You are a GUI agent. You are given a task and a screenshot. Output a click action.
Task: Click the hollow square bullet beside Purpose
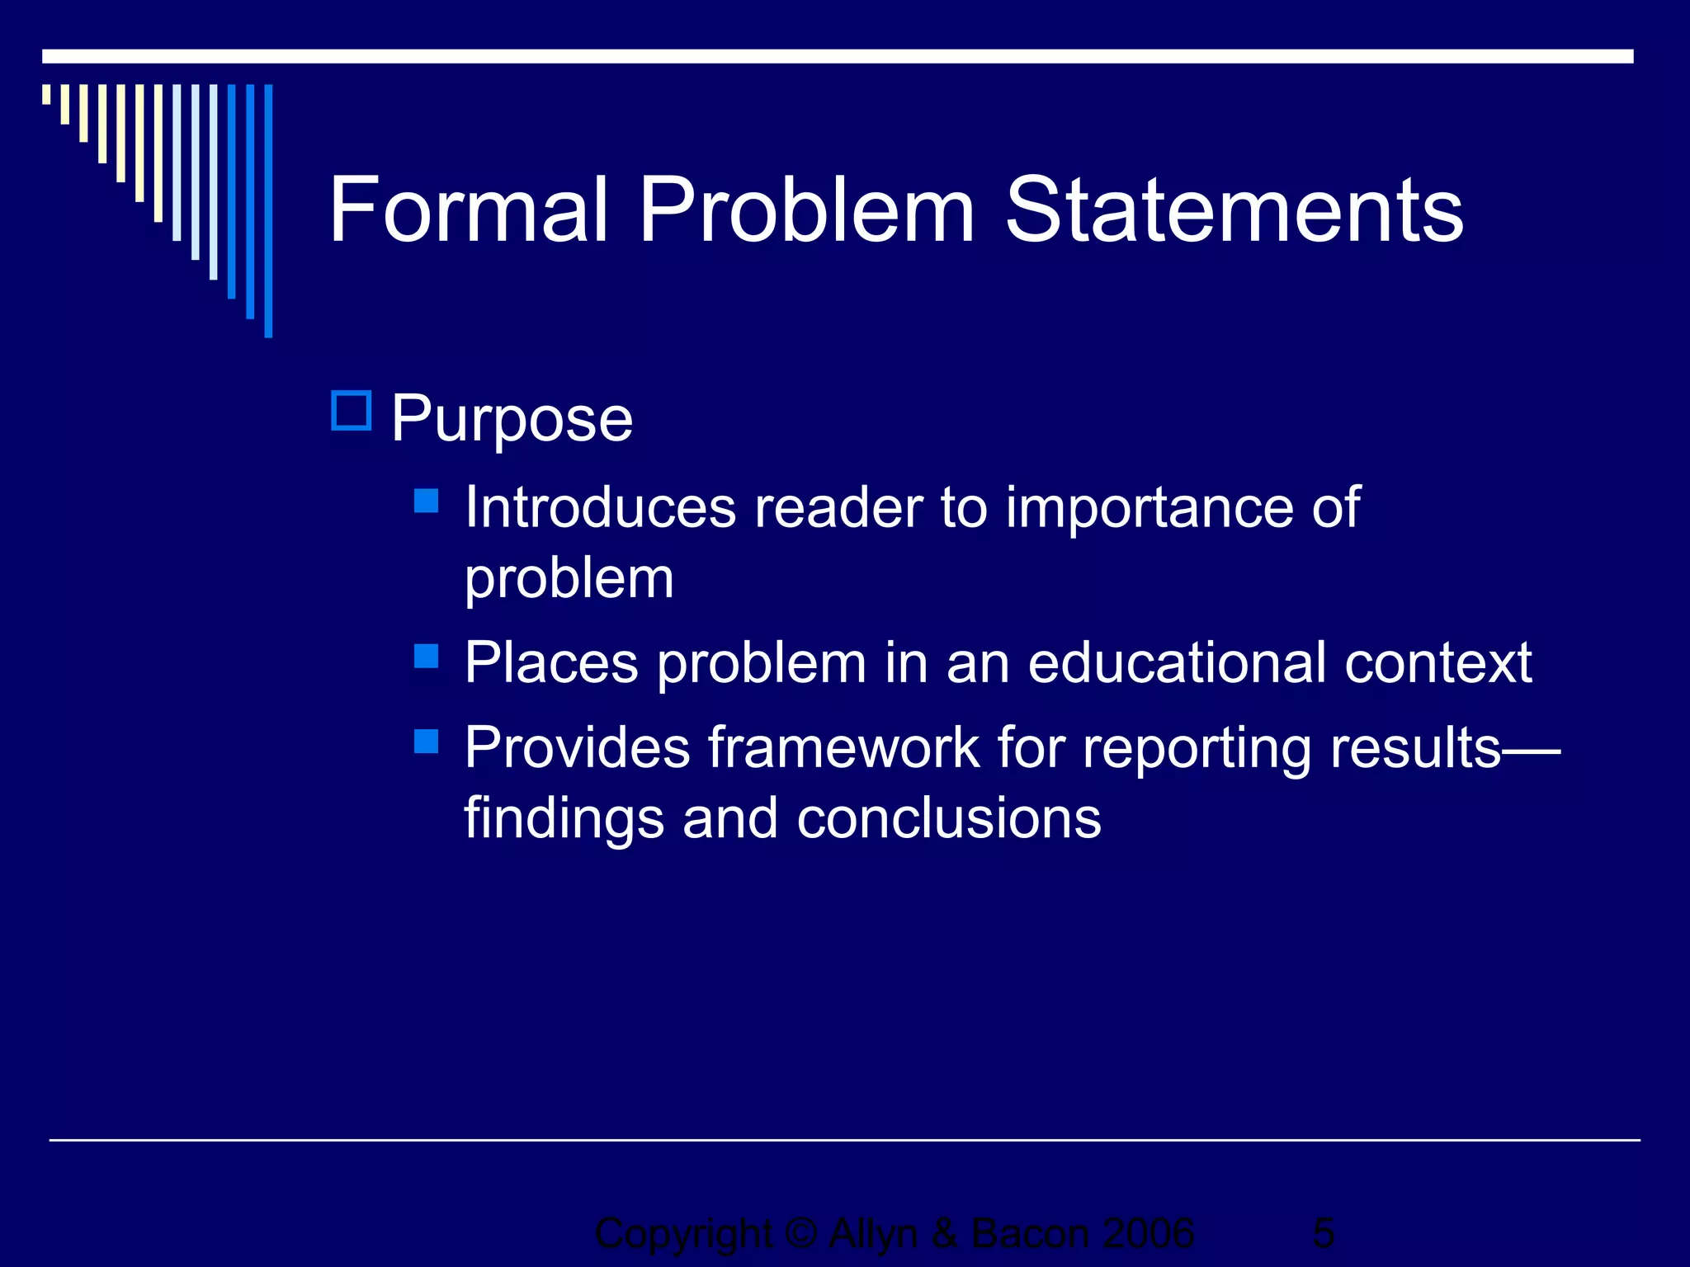pyautogui.click(x=352, y=411)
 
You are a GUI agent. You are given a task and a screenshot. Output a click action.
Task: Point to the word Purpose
pyautogui.click(x=512, y=419)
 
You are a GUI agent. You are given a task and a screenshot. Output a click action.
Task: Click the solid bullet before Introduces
pyautogui.click(x=426, y=501)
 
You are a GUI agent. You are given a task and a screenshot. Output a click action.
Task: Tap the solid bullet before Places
pyautogui.click(x=426, y=656)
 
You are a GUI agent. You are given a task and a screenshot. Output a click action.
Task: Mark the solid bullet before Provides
pyautogui.click(x=426, y=741)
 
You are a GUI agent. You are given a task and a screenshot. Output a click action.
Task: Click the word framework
pyautogui.click(x=843, y=747)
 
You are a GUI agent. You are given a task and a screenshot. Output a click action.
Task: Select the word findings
pyautogui.click(x=564, y=818)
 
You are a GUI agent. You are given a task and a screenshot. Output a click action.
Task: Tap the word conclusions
pyautogui.click(x=949, y=818)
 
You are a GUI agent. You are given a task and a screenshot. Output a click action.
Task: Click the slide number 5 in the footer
pyautogui.click(x=1323, y=1234)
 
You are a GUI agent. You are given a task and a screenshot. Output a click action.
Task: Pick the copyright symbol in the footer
pyautogui.click(x=800, y=1234)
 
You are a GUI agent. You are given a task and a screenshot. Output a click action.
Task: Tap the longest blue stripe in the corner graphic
pyautogui.click(x=268, y=210)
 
